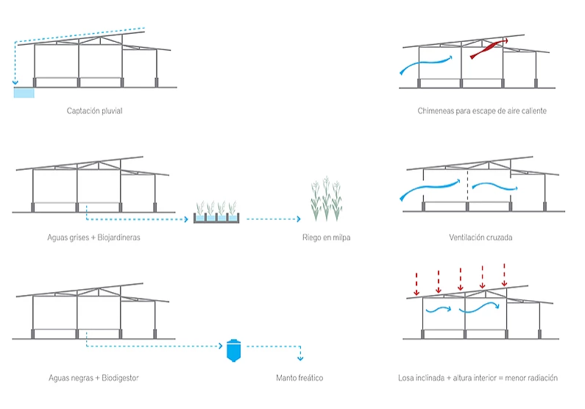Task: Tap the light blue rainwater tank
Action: pos(24,92)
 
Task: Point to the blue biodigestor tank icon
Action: pos(233,350)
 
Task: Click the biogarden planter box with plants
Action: pos(216,214)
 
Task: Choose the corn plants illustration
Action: pos(325,199)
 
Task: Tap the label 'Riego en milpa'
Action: pos(325,238)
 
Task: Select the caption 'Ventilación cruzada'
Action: pos(481,238)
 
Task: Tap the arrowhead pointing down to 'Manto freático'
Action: pos(299,358)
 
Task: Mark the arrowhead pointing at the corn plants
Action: pos(299,219)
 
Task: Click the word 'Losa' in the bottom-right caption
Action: pos(405,378)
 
